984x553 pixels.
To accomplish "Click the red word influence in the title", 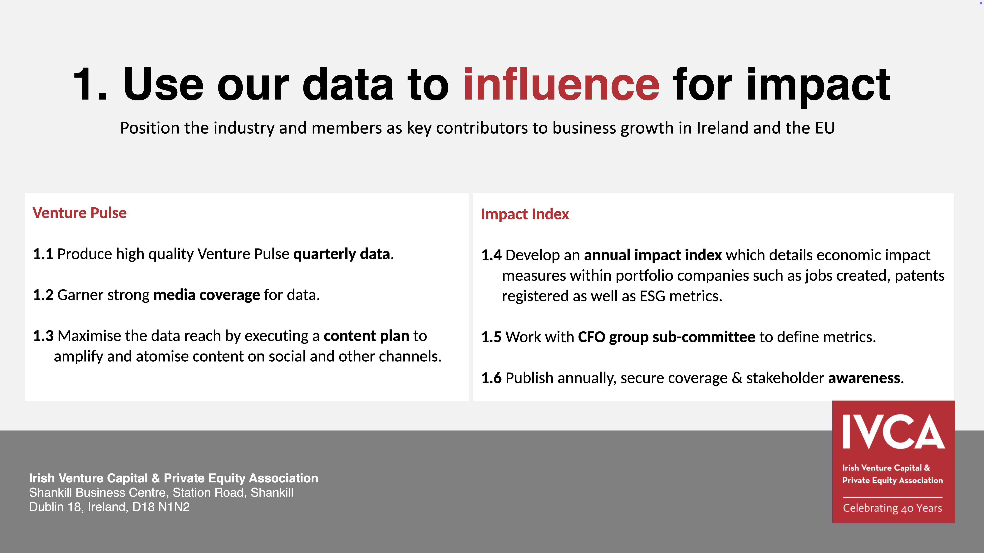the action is (x=562, y=84).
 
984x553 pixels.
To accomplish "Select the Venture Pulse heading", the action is (x=79, y=213).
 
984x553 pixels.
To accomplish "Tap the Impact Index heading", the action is (x=525, y=214).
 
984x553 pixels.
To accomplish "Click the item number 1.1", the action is (x=43, y=254).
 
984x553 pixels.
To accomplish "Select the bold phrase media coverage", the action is (x=207, y=295).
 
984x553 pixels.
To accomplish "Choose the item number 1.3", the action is (x=43, y=336).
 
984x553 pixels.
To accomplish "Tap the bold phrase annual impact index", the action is (x=653, y=255).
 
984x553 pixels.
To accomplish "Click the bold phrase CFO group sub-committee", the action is (x=667, y=337).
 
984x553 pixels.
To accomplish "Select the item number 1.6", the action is (x=491, y=378).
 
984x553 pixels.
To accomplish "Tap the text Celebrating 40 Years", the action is (x=893, y=508).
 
